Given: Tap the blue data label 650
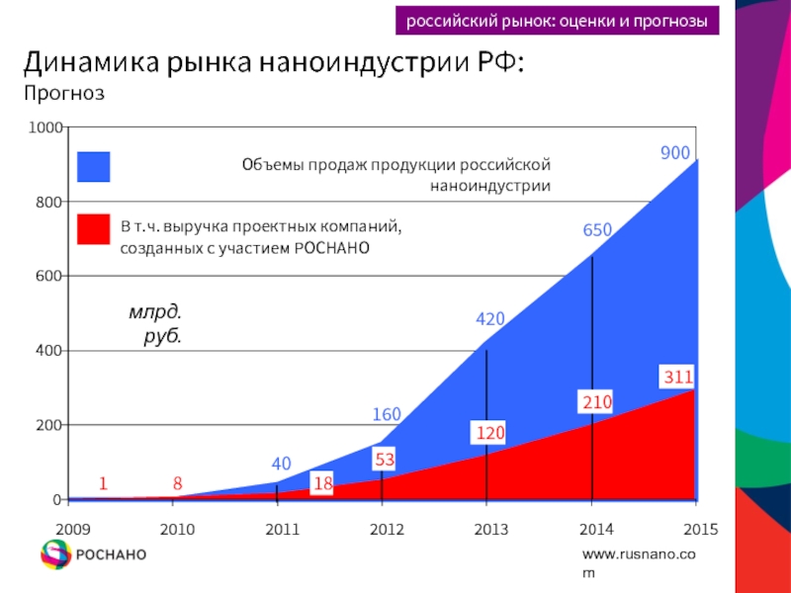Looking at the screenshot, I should click(597, 229).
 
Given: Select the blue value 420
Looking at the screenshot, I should click(490, 319).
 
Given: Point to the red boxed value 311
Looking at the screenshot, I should click(677, 377).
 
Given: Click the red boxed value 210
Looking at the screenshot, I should click(597, 402).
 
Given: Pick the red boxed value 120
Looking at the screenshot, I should click(490, 433).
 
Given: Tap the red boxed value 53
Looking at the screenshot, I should click(386, 459).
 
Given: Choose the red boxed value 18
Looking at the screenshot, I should click(322, 483).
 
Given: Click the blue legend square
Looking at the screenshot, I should click(94, 167).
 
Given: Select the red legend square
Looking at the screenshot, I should click(94, 229).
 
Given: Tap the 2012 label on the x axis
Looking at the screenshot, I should click(387, 529).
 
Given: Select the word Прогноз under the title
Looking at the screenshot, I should click(64, 94).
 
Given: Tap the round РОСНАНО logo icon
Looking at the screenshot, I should click(55, 554).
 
